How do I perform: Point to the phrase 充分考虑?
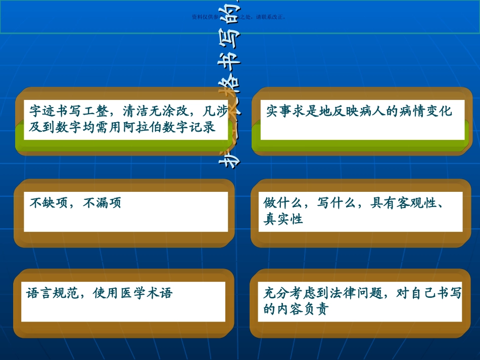(290, 293)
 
